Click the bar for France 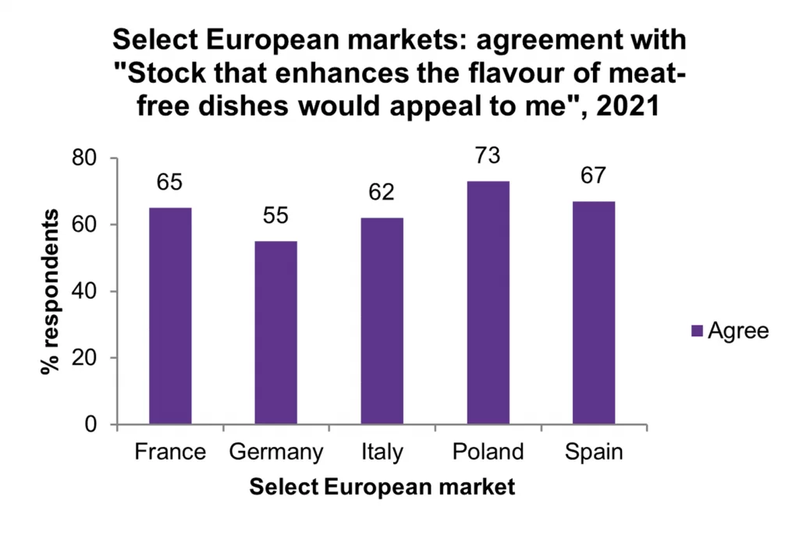point(170,316)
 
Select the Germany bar point(275,333)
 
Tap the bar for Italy point(382,321)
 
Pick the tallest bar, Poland point(488,303)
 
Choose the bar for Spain point(593,313)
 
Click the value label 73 point(488,156)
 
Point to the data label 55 point(275,216)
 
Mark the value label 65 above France point(170,183)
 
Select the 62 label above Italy point(382,193)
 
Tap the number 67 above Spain point(593,176)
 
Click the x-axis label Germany point(275,453)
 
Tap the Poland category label point(488,453)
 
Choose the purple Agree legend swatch point(697,331)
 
